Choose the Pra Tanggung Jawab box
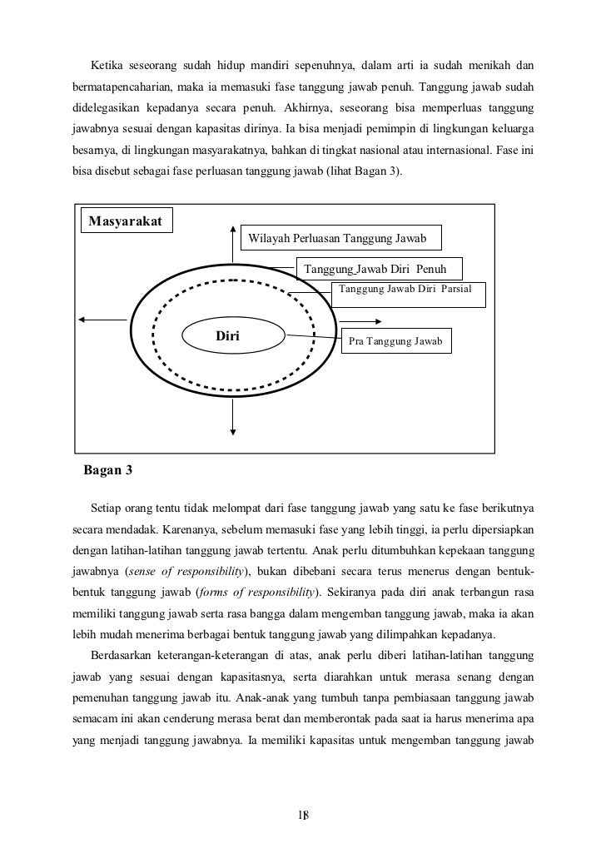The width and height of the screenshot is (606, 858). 395,341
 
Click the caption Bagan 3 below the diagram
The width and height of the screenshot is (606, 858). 108,471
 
